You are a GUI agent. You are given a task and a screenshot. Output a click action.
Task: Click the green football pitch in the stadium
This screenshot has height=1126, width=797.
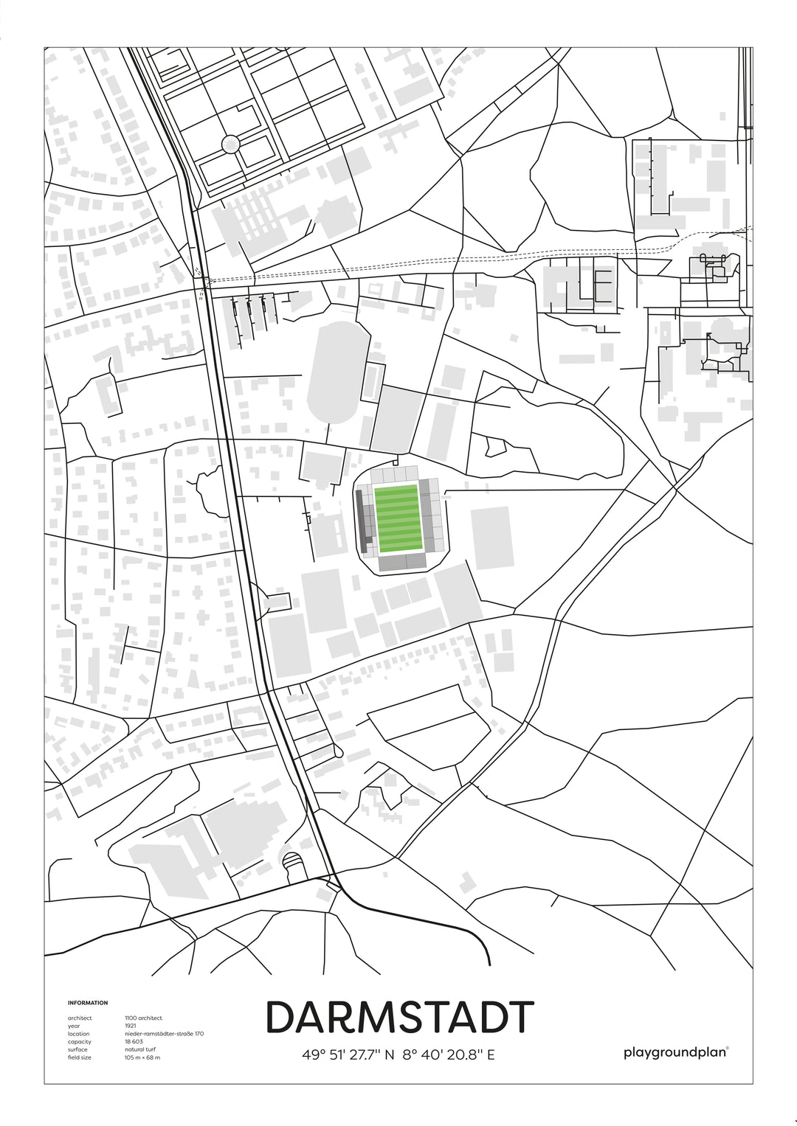pos(398,518)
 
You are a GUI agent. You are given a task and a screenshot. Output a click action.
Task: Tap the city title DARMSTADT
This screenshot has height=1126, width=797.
pos(399,1018)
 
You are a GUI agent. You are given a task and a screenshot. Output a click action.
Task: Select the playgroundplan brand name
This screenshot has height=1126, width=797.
pos(674,1052)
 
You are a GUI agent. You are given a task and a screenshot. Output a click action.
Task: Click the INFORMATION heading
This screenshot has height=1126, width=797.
pos(88,1003)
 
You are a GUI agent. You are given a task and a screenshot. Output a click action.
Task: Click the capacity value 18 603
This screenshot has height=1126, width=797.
pos(135,1041)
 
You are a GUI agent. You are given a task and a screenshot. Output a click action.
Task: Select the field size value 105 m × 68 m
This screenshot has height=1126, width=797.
pos(142,1057)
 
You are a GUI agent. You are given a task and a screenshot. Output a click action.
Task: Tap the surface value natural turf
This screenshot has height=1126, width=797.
pos(140,1049)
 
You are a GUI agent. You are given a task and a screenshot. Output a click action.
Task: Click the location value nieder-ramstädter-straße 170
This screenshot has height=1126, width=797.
pos(164,1034)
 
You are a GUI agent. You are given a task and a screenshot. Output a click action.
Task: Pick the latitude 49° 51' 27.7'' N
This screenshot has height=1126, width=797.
pos(348,1054)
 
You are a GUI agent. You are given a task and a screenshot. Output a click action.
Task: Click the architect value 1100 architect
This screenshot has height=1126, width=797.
pos(143,1018)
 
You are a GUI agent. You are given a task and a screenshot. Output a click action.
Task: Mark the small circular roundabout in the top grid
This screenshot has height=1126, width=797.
pos(231,144)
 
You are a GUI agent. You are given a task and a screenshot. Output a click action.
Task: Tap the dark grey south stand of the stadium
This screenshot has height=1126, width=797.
pos(402,563)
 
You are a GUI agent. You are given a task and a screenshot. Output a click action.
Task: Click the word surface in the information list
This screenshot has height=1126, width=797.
pos(77,1049)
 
